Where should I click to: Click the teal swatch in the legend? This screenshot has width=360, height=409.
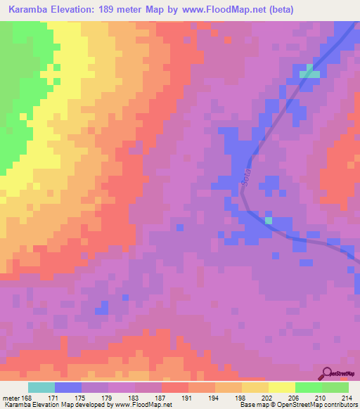coord(41,387)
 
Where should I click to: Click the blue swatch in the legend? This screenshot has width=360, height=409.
coord(68,387)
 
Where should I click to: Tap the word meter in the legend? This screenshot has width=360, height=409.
coord(11,398)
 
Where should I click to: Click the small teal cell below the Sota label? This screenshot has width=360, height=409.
coord(268,221)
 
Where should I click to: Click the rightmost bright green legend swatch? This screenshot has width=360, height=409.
coord(335,387)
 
